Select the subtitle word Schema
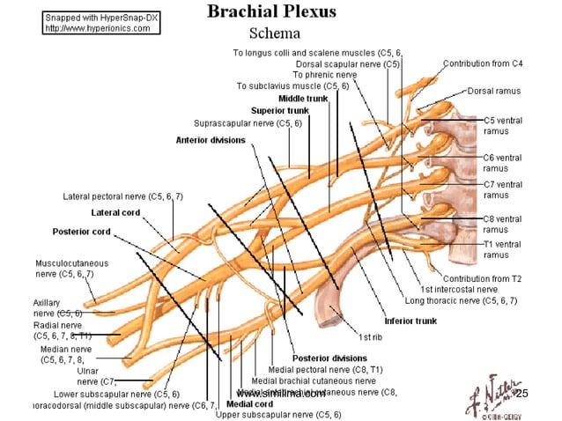click(275, 33)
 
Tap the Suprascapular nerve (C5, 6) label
click(248, 123)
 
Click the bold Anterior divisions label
click(211, 140)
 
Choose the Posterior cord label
click(81, 232)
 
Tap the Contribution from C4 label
click(483, 64)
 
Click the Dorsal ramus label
click(494, 90)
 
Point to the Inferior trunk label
click(410, 321)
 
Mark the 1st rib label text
click(370, 336)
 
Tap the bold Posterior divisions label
click(329, 358)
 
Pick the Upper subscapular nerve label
click(278, 414)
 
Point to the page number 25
click(520, 392)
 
